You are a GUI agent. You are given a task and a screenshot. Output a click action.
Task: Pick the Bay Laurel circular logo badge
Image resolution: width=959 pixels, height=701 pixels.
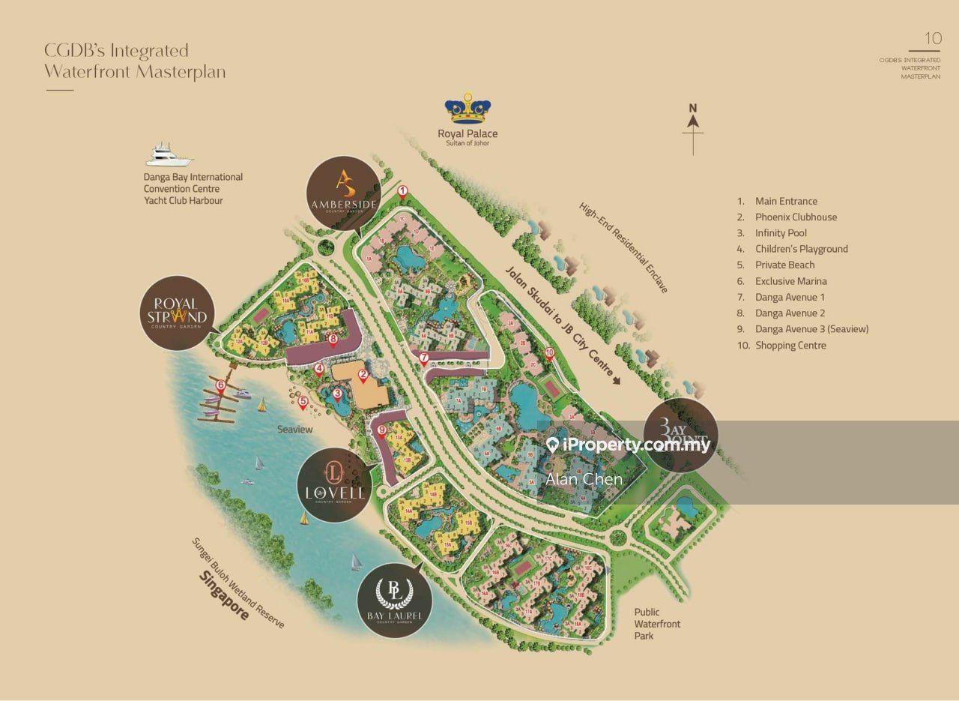pos(395,603)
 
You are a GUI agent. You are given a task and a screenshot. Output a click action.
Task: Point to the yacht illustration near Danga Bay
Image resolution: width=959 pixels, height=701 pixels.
pos(170,155)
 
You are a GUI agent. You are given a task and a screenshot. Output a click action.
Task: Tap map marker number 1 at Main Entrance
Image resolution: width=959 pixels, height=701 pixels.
pos(402,191)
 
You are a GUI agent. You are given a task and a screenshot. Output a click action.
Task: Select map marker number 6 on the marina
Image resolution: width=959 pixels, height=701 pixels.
pos(220,385)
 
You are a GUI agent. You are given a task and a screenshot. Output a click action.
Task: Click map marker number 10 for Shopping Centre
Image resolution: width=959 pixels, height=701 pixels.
pos(549,352)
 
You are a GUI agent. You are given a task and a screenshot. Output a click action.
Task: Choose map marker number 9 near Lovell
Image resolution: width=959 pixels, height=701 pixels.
pos(381,430)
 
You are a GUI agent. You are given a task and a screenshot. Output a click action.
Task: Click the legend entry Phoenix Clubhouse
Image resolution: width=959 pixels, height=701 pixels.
pos(796,217)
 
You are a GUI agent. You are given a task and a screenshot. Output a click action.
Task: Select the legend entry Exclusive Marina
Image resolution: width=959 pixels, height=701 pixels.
pos(790,281)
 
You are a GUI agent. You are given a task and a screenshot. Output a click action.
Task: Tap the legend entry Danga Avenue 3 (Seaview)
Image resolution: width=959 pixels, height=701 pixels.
pos(811,329)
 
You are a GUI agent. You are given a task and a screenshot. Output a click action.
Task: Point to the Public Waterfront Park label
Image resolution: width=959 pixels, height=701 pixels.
pos(657,624)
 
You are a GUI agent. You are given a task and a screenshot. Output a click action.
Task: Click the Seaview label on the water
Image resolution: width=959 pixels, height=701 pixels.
pos(294,430)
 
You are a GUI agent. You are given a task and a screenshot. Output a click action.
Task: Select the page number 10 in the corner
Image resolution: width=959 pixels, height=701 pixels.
pos(933,38)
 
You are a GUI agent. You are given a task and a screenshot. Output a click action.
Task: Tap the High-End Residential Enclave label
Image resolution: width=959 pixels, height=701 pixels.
pos(623,247)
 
